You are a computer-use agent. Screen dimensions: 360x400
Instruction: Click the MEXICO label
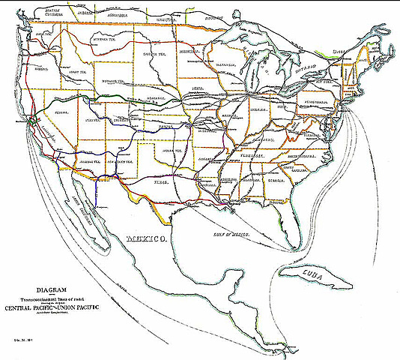(147, 239)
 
